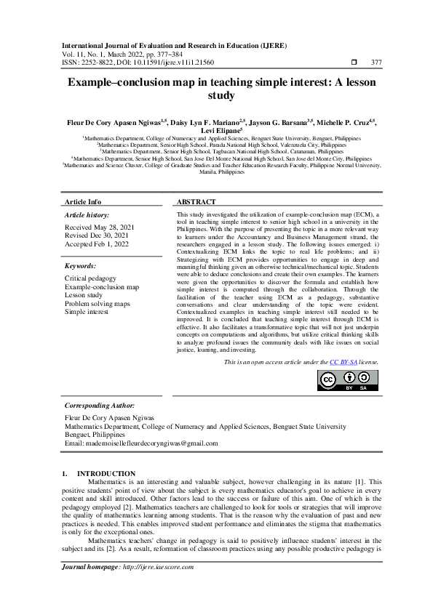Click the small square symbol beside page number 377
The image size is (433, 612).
pos(354,63)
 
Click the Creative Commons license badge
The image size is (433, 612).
pos(349,379)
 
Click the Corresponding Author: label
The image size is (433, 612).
pos(100,405)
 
